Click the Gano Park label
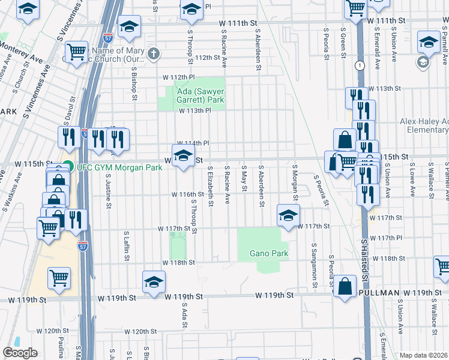[x=269, y=254]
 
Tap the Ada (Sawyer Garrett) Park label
[x=191, y=95]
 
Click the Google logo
[x=20, y=353]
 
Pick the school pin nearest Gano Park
[x=288, y=215]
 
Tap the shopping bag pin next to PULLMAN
[x=346, y=286]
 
